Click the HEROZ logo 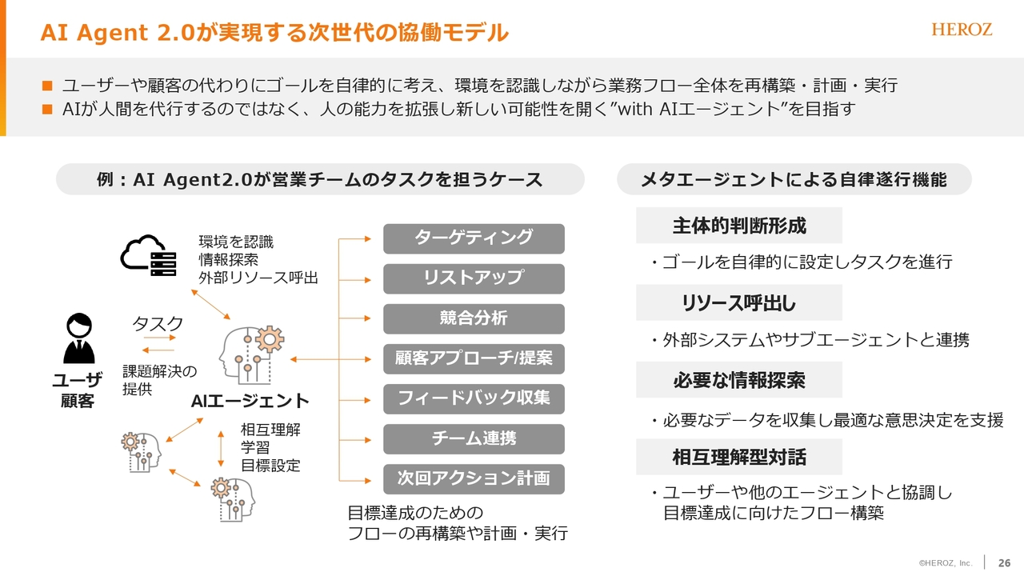click(x=962, y=30)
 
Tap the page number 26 click(x=1004, y=562)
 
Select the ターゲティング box click(x=474, y=238)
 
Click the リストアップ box click(x=474, y=278)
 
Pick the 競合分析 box click(x=474, y=318)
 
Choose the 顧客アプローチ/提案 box click(x=474, y=359)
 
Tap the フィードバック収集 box click(x=474, y=399)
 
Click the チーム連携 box click(x=474, y=439)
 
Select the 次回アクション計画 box click(x=474, y=479)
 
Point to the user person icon click(x=79, y=338)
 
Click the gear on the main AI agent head click(x=270, y=339)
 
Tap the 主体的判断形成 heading click(x=739, y=226)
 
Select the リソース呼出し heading click(x=739, y=302)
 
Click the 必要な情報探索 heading click(x=739, y=380)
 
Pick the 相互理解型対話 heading click(x=739, y=457)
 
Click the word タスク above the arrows click(x=158, y=324)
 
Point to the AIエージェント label click(x=250, y=401)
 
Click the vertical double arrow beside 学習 click(x=221, y=449)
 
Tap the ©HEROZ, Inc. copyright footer click(x=946, y=563)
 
